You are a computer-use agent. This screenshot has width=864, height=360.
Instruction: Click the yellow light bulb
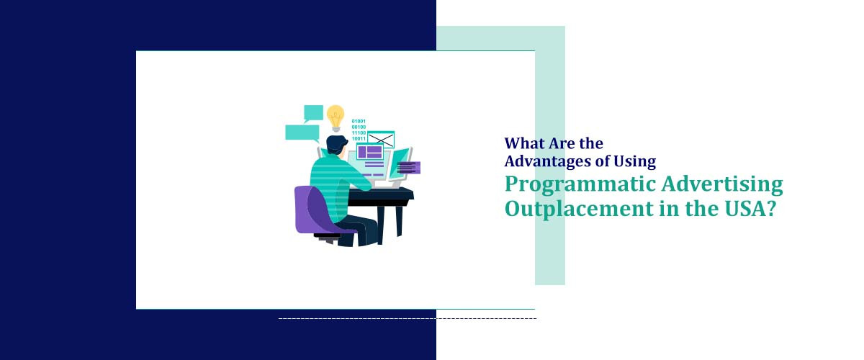point(335,116)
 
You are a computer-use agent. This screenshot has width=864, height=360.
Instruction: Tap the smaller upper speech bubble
point(313,112)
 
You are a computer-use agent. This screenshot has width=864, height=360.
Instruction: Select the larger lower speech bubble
point(302,132)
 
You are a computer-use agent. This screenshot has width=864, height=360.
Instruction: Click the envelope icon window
point(381,139)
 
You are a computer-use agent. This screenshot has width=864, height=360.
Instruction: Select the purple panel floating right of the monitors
point(408,168)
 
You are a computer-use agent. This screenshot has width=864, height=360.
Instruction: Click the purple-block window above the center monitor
point(370,152)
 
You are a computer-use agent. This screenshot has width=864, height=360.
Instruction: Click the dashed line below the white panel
point(407,318)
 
